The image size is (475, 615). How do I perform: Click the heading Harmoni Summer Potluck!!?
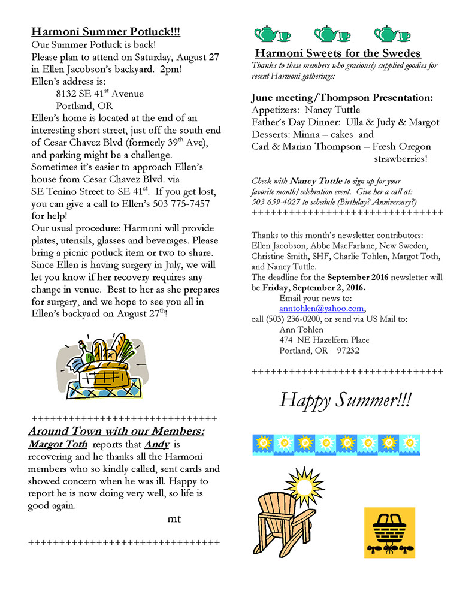pos(105,32)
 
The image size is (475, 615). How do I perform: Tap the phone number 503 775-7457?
pos(181,204)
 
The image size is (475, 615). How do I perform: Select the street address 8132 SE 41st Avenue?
pos(99,94)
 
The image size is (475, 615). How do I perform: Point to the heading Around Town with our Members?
pos(116,432)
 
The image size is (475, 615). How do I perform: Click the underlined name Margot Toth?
pos(58,445)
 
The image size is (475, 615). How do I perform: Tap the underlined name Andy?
pos(157,445)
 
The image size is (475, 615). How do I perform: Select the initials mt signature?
pos(174,519)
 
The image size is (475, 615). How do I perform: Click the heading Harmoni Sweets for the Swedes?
pos(338,53)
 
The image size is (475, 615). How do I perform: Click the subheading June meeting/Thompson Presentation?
pos(342,98)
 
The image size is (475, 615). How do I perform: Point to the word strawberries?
pos(401,159)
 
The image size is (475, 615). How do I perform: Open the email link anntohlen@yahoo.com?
pos(322,309)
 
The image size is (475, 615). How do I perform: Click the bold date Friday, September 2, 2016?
pos(314,287)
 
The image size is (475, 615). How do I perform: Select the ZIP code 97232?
pos(348,351)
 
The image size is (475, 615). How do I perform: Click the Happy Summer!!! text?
pos(346,400)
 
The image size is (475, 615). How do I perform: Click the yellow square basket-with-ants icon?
pos(389,533)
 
